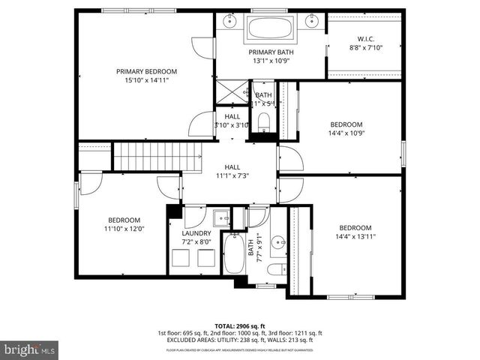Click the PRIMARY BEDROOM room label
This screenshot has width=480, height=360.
tap(146, 71)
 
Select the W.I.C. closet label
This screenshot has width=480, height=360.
tap(365, 38)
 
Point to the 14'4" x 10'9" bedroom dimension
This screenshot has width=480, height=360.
tap(346, 133)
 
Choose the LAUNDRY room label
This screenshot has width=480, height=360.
tap(196, 233)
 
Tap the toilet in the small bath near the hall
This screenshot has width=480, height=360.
tap(263, 121)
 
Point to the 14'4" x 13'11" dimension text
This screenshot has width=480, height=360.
tap(355, 237)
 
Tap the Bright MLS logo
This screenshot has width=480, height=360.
tap(28, 349)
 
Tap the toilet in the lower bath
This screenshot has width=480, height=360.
tap(275, 268)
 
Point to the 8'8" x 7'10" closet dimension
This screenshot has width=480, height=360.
tap(365, 47)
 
